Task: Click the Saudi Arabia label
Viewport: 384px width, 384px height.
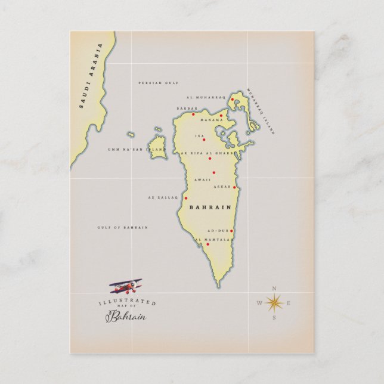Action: pyautogui.click(x=91, y=75)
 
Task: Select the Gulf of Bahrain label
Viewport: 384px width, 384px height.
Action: pyautogui.click(x=122, y=227)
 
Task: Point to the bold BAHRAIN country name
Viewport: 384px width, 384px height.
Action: pyautogui.click(x=210, y=207)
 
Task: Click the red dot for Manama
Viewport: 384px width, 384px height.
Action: pyautogui.click(x=221, y=116)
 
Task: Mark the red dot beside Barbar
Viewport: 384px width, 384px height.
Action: pyautogui.click(x=193, y=114)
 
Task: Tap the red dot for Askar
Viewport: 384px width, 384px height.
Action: pyautogui.click(x=234, y=187)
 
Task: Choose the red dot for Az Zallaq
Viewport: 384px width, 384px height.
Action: pyautogui.click(x=185, y=198)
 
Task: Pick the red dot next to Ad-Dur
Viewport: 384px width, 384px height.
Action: pyautogui.click(x=231, y=231)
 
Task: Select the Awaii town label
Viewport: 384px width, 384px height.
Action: pyautogui.click(x=202, y=179)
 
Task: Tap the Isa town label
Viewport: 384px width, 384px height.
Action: pyautogui.click(x=199, y=136)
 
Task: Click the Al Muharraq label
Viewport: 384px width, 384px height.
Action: pyautogui.click(x=206, y=97)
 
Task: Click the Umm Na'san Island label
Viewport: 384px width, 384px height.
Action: pyautogui.click(x=136, y=150)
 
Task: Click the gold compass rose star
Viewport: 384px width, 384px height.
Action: pyautogui.click(x=274, y=304)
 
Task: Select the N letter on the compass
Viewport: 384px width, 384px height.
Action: pyautogui.click(x=274, y=289)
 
